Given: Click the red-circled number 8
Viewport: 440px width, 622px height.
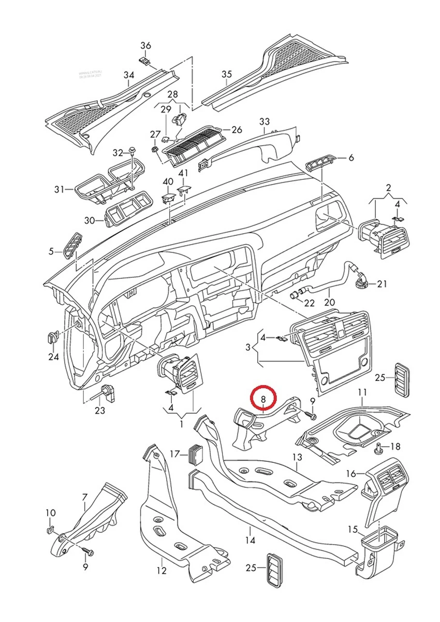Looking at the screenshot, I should click(x=263, y=399).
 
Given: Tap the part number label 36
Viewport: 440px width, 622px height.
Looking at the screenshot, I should click(x=145, y=46).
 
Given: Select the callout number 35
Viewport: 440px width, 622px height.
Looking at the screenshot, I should click(x=227, y=75).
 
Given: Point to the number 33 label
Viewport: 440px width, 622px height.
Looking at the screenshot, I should click(x=265, y=122).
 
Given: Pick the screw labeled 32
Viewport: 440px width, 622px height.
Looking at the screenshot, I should click(x=133, y=152).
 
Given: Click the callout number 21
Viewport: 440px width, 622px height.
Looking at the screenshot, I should click(x=382, y=284).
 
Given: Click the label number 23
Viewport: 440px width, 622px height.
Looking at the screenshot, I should click(x=100, y=411).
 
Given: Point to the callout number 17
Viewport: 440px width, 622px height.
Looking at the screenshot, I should click(x=174, y=454).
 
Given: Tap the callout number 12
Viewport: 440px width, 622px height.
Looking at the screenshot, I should click(x=162, y=571).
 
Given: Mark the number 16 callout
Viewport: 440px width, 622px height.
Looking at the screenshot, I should click(x=351, y=473).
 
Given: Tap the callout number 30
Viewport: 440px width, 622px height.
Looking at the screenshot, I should click(x=90, y=220).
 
